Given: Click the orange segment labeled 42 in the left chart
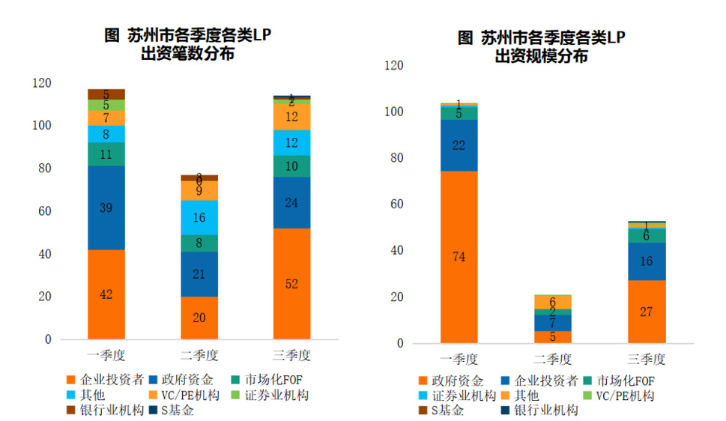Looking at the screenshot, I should coord(106,294).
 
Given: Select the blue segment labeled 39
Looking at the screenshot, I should coord(106,208).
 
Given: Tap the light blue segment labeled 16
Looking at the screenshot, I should coord(199,217).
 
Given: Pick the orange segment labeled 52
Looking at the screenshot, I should coord(291,284).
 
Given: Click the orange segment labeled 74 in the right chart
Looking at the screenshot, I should coord(459,257).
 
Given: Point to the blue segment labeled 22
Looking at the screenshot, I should coord(459,145).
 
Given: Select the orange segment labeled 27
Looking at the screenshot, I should coord(647,312).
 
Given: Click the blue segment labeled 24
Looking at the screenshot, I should coord(291,202).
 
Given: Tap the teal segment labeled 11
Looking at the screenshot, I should coord(106,154).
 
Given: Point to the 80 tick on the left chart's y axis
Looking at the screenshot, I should coord(45,169).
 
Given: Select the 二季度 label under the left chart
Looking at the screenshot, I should coord(199,354).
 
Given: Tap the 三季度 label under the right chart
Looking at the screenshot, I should coord(647,358).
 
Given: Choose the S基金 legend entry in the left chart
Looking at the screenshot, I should coord(177,410).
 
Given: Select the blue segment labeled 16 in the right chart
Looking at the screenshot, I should coord(647,261).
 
